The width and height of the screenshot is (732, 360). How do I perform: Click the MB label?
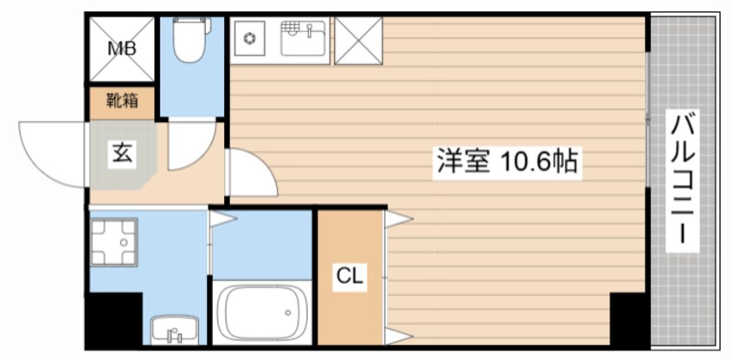[120, 48]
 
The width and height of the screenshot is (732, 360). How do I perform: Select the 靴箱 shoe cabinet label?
[120, 101]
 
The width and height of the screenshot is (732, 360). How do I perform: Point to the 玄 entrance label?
[120, 156]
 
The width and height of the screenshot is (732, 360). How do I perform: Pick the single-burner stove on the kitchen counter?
[251, 39]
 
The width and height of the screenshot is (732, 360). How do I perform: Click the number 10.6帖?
[537, 162]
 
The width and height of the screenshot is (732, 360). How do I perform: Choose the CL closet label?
[350, 277]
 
